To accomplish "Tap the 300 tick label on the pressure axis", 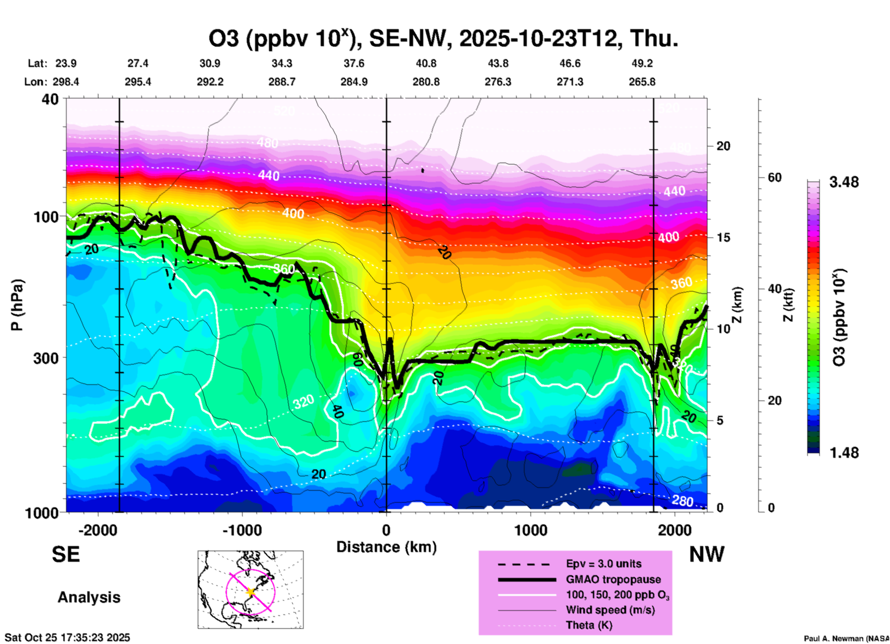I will click(x=46, y=358).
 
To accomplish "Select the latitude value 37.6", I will click(x=354, y=63).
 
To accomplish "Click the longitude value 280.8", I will click(x=426, y=82).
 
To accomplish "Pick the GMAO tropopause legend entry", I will click(x=613, y=579).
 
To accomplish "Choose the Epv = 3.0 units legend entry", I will click(x=603, y=564).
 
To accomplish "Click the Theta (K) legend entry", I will click(x=589, y=626).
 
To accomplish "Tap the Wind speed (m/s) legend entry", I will click(x=610, y=610).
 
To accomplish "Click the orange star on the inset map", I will click(x=250, y=592).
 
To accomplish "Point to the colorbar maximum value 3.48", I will click(x=844, y=182).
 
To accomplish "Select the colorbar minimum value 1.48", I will click(x=844, y=453).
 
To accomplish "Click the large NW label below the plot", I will click(x=707, y=554).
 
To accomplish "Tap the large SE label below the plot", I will click(x=66, y=554).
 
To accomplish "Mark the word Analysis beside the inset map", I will click(x=89, y=597).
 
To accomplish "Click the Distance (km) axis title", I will click(x=386, y=547).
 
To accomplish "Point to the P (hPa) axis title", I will click(x=17, y=305).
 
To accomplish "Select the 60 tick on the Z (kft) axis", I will click(x=774, y=177).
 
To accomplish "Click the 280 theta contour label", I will click(x=682, y=500).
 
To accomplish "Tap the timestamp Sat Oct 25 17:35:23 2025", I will click(x=67, y=638).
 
